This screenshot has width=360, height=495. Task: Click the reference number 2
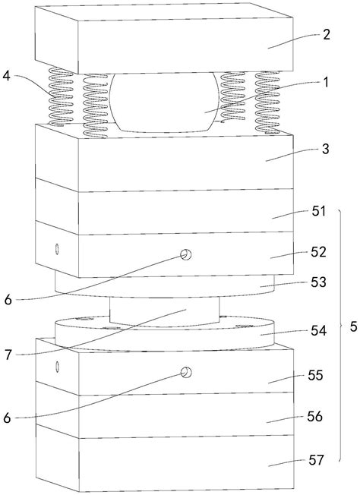[x=326, y=34]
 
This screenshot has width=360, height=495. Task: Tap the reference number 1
[x=325, y=83]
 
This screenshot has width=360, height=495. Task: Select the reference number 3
[x=325, y=149]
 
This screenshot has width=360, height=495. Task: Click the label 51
[x=318, y=211]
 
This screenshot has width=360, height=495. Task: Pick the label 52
[x=318, y=252]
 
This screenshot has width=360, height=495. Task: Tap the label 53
[x=318, y=282]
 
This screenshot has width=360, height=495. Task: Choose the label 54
[x=318, y=331]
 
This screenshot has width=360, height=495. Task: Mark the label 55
[x=316, y=376]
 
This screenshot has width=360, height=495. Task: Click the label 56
[x=315, y=417]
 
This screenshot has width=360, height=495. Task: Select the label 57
[x=316, y=460]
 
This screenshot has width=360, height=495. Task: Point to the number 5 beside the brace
[x=354, y=326]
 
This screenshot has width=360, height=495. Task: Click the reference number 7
[x=8, y=355]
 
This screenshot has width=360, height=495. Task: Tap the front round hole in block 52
[x=186, y=254]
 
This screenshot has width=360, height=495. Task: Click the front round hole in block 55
[x=186, y=373]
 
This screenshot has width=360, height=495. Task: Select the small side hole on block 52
[x=57, y=249]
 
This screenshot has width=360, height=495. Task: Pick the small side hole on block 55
[x=57, y=367]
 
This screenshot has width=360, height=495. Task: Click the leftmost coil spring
[x=61, y=96]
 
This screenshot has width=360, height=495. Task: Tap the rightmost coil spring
[x=267, y=102]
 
